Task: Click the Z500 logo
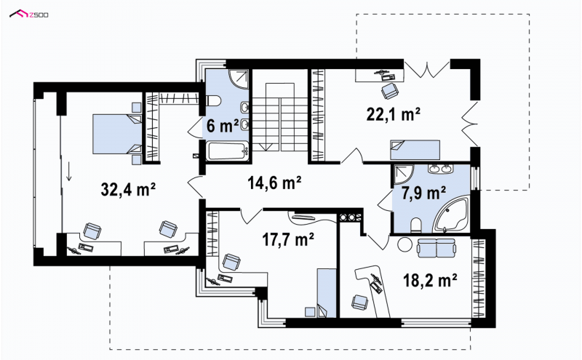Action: (28, 15)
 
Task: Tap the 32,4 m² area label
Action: (128, 189)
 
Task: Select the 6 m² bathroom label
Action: (223, 126)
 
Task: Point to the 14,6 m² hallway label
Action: (274, 183)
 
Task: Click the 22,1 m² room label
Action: (394, 114)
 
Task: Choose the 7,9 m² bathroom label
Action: (424, 193)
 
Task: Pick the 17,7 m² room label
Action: (288, 239)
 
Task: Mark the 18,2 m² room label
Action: (430, 281)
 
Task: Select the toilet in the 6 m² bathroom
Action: (213, 101)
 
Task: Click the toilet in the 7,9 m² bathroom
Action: (416, 225)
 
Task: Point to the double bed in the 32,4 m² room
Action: (117, 134)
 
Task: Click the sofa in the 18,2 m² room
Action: (436, 248)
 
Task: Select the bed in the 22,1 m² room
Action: (415, 150)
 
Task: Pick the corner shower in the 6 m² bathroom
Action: (239, 79)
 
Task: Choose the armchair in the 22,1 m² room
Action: (390, 91)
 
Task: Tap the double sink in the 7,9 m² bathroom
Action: (440, 169)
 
